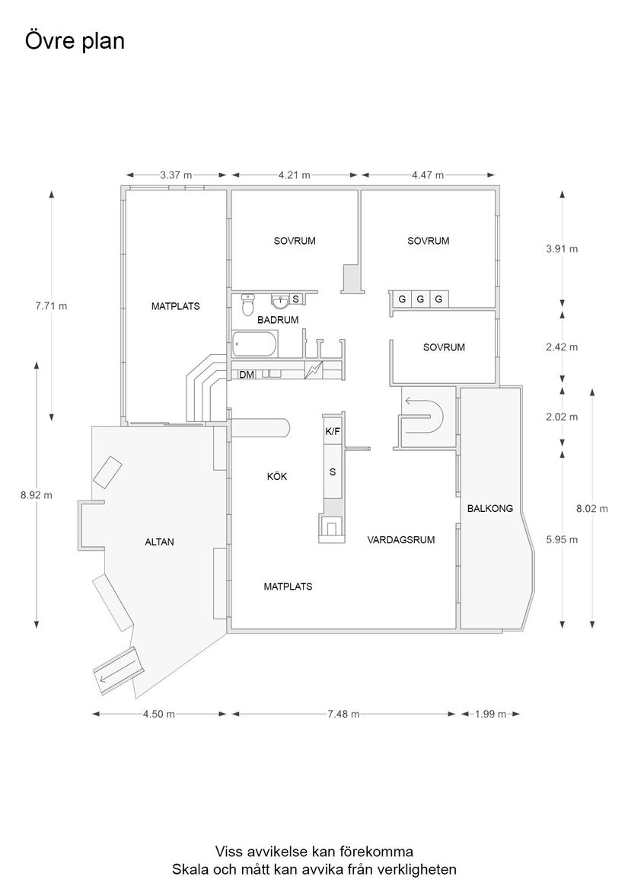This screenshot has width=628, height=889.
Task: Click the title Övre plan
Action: click(x=75, y=41)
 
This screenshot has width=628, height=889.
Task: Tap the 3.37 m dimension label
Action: click(x=176, y=174)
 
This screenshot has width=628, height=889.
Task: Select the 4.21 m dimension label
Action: click(x=294, y=174)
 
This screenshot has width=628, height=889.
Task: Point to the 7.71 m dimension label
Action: click(x=51, y=306)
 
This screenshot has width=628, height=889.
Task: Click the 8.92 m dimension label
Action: click(x=37, y=494)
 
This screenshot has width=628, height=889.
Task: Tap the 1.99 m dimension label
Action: click(x=490, y=714)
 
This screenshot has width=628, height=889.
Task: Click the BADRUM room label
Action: click(x=278, y=320)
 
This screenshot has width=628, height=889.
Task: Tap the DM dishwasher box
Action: click(x=247, y=374)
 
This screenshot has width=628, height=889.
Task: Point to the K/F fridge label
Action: click(x=332, y=431)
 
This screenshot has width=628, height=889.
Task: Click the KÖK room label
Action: click(x=277, y=476)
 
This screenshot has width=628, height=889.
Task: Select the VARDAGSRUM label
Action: click(x=400, y=540)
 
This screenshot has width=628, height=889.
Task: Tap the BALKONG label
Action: click(x=490, y=508)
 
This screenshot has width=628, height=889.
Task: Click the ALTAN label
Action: click(x=160, y=542)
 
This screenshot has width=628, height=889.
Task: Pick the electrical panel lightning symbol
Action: click(x=314, y=372)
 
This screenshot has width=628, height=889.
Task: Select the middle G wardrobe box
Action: click(x=420, y=299)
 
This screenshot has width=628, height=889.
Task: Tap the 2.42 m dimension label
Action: click(x=562, y=347)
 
